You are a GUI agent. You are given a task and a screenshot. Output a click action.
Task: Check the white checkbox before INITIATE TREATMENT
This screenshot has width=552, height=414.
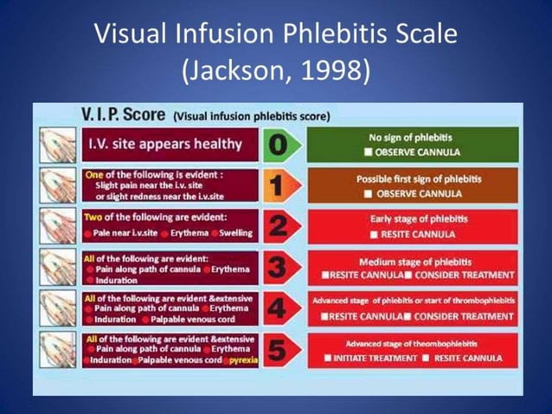click(327, 358)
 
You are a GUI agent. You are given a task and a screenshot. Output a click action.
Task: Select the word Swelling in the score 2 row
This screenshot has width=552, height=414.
click(236, 234)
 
